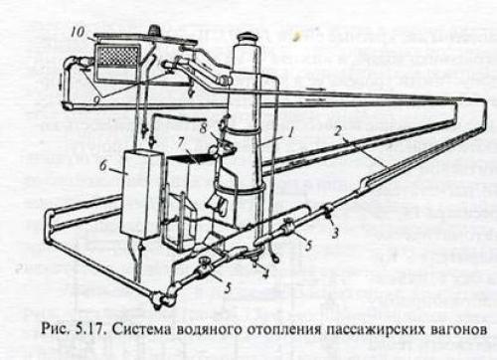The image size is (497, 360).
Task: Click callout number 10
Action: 77,31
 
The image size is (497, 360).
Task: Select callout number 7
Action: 182,142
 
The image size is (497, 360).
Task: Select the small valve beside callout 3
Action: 326,210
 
